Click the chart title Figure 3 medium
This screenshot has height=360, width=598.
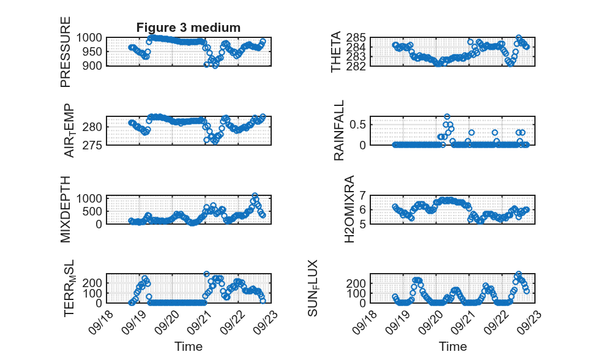point(189,28)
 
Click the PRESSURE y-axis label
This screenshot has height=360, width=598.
point(65,52)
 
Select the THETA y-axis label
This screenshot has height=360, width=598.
point(335,52)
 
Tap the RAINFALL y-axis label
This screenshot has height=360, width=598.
point(338,130)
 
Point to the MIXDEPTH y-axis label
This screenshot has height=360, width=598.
point(65,209)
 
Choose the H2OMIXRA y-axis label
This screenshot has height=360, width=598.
point(349,209)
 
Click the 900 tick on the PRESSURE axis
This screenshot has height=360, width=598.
point(89,66)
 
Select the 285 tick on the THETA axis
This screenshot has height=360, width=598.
point(356,38)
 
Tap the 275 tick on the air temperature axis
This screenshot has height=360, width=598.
point(92,145)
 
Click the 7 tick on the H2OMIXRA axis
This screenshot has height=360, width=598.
point(362,195)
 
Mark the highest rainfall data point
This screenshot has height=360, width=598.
point(447,117)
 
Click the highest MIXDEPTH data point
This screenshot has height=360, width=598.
point(255,196)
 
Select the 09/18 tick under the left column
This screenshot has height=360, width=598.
point(99,322)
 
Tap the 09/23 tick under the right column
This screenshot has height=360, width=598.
point(529,322)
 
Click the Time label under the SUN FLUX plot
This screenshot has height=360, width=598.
point(453,347)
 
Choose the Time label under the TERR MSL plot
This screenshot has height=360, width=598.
point(189,347)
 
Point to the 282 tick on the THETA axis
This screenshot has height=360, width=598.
point(356,66)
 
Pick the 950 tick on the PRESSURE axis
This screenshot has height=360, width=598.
point(92,51)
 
